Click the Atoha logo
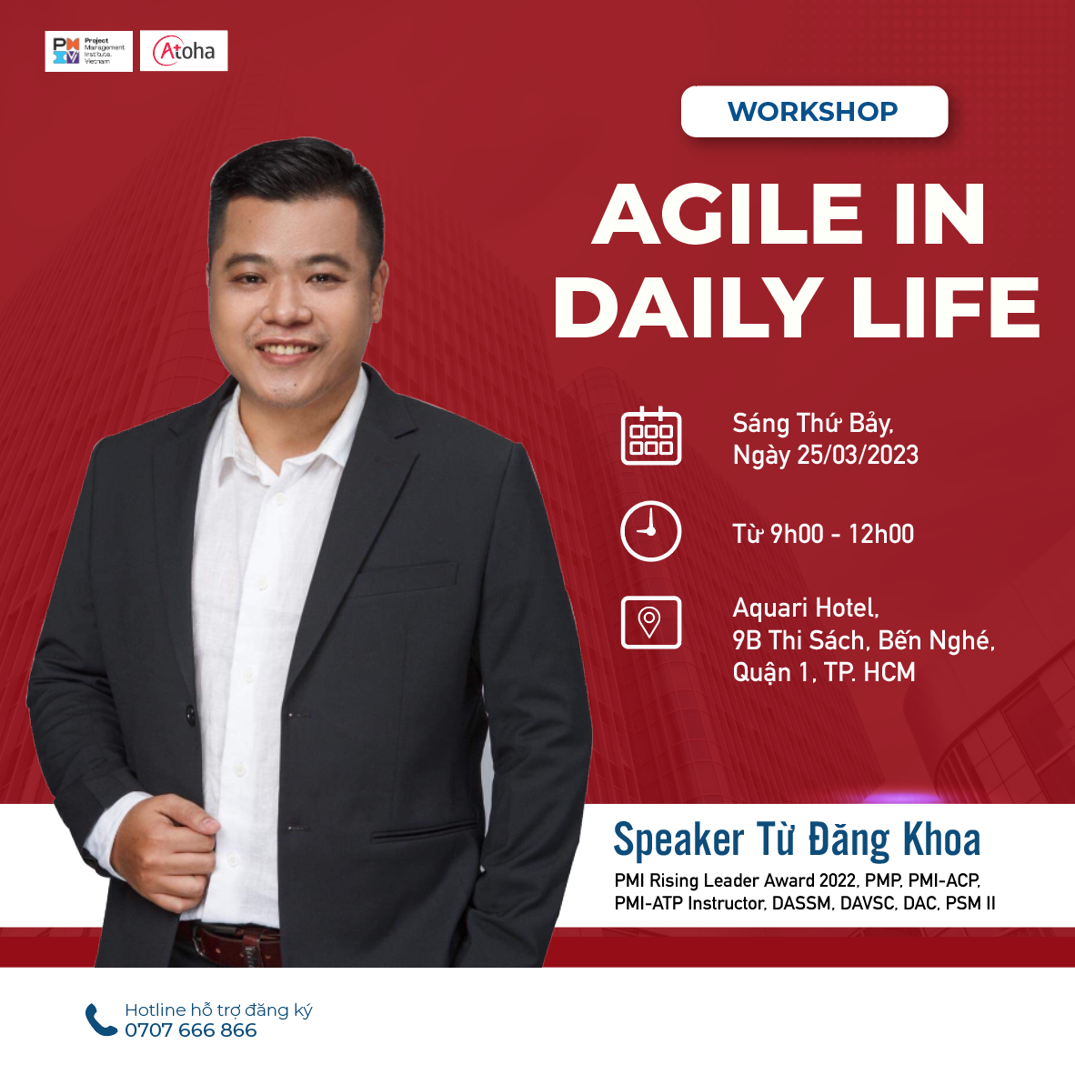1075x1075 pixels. [x=184, y=51]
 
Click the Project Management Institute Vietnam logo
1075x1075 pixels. [x=88, y=51]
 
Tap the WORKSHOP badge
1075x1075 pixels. [x=814, y=111]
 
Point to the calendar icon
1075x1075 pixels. [x=650, y=436]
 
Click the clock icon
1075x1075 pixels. [x=650, y=531]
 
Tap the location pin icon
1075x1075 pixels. [x=650, y=622]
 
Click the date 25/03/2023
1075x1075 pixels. [x=858, y=455]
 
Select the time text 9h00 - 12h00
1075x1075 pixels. [x=842, y=533]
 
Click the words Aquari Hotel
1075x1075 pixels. [x=806, y=608]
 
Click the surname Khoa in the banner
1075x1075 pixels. [x=941, y=839]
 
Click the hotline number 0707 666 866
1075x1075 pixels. [x=191, y=1030]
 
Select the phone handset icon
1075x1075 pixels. [x=101, y=1020]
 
